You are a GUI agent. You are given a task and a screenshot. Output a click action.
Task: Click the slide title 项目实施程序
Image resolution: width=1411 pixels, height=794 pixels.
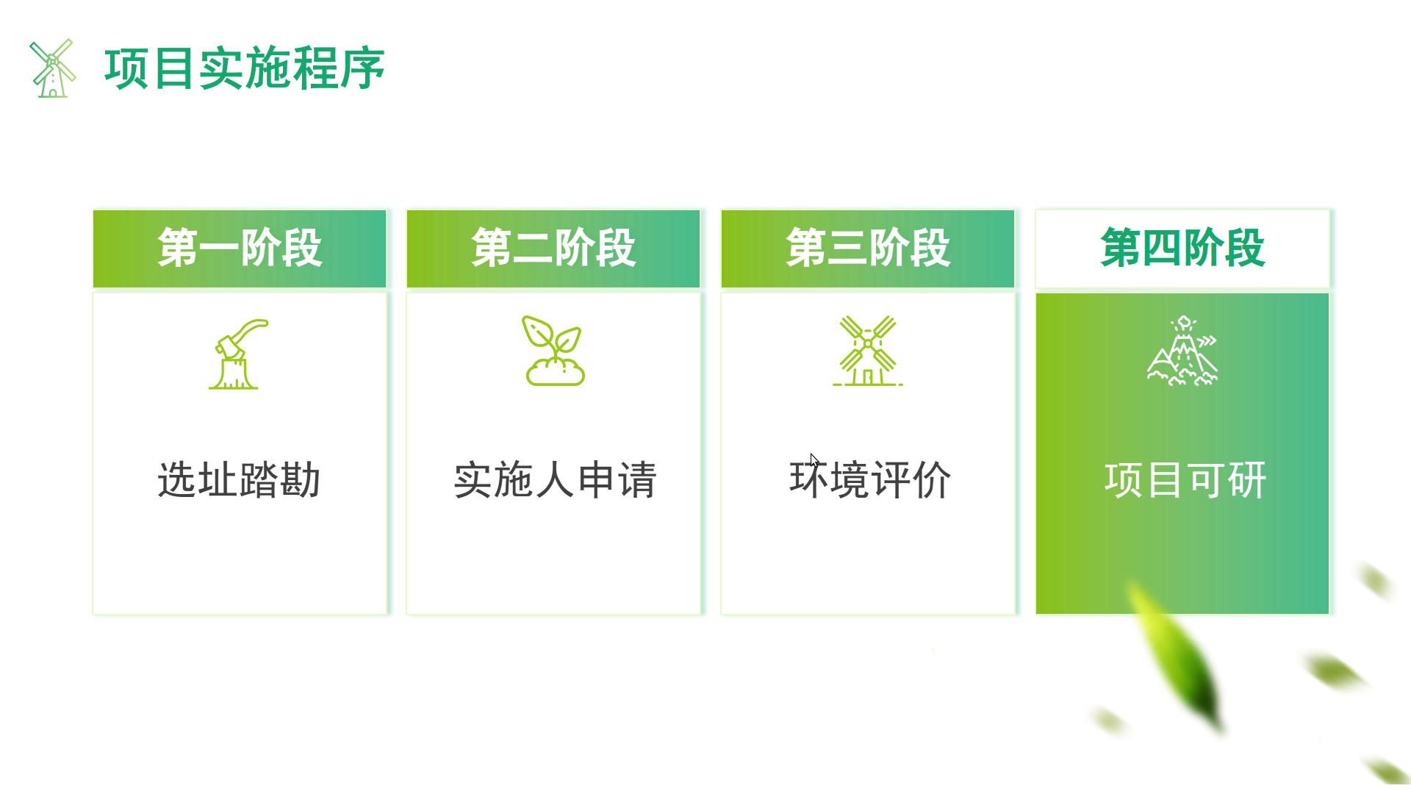coord(245,68)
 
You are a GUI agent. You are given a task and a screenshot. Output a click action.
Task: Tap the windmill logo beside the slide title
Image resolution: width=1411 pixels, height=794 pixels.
coord(52,68)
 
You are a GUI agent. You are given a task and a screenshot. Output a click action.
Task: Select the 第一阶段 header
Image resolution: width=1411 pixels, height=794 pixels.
coord(240,248)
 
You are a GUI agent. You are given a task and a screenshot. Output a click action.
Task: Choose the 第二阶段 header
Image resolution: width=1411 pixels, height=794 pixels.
coord(553,248)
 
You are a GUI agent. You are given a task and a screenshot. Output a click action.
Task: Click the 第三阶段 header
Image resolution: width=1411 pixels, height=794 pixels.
coord(868,248)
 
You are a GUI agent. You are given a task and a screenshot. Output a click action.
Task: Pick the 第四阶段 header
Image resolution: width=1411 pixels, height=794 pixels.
coord(1182,248)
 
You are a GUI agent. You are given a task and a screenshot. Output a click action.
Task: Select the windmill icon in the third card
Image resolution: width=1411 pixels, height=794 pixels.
coord(868,351)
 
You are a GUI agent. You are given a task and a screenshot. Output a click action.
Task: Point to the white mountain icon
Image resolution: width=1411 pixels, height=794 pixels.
coord(1182,351)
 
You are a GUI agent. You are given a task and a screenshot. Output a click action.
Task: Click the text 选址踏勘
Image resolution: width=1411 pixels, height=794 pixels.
coord(240,480)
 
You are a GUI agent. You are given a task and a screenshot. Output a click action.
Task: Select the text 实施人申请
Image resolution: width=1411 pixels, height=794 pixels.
coord(555,480)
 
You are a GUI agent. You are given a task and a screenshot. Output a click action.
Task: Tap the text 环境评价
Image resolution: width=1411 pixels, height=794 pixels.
coord(870,480)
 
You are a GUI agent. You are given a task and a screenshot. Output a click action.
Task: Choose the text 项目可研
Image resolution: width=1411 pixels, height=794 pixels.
coord(1185,480)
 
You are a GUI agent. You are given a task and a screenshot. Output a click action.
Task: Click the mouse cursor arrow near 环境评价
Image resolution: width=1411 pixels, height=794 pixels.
coord(814,459)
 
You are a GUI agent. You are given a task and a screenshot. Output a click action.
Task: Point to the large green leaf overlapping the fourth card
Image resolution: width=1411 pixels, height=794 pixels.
coord(1176,654)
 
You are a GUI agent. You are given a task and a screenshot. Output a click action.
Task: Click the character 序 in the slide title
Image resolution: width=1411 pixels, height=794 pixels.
coord(362,68)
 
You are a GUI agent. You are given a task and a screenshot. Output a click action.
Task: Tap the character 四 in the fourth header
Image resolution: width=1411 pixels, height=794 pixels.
coord(1162,248)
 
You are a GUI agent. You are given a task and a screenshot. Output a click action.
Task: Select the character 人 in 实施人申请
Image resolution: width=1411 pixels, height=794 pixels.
coord(555,480)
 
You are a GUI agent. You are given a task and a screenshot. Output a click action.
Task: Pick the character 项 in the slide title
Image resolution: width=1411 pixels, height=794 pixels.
coord(126,68)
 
